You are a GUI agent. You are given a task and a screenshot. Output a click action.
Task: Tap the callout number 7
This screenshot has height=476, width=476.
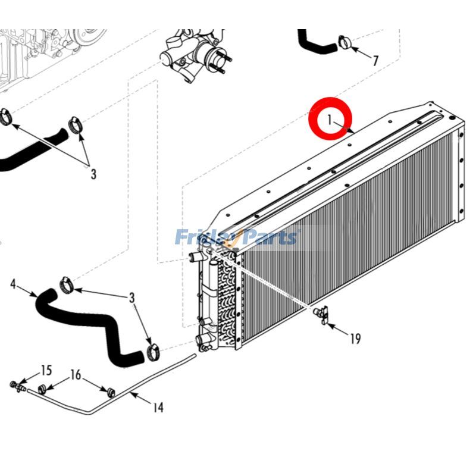coord(375,60)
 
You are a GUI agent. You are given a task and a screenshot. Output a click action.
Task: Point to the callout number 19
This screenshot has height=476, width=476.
coord(355,339)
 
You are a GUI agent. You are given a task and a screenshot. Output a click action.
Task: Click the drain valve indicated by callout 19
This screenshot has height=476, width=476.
coord(322,314)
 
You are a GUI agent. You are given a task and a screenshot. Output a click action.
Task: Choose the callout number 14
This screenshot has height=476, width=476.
coord(158,408)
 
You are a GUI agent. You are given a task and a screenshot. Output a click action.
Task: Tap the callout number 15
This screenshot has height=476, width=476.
coord(46,371)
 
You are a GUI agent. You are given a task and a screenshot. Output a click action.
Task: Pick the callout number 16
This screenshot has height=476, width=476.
coord(76,375)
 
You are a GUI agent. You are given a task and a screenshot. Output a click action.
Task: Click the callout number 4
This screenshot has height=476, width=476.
coord(13,284)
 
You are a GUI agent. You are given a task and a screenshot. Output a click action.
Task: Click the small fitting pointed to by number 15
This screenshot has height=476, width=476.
coord(16,386)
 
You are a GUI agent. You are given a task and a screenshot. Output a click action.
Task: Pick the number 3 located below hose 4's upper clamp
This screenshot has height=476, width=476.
coord(132,297)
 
